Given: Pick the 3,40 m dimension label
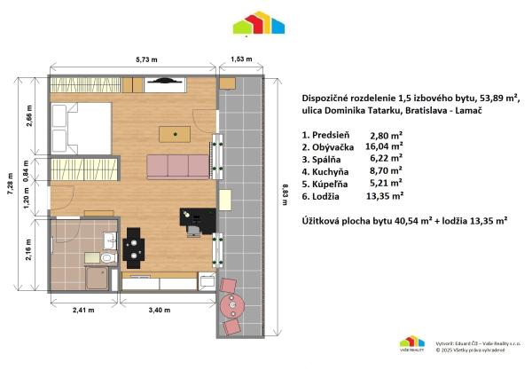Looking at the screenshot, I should click(x=168, y=311).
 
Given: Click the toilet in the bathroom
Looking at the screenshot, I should click(x=107, y=258).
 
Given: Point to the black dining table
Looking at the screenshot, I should click(x=134, y=247).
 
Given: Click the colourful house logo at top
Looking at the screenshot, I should click(x=258, y=25).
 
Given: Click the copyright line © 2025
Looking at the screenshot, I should click(x=471, y=350).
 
